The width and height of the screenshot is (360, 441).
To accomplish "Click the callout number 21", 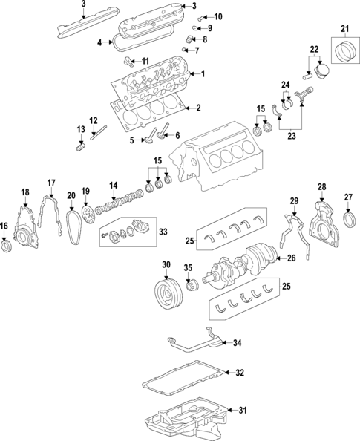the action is pyautogui.click(x=345, y=28).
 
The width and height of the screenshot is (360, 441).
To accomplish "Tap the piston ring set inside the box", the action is pyautogui.click(x=345, y=50).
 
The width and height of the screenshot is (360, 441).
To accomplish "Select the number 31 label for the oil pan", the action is pyautogui.click(x=243, y=410).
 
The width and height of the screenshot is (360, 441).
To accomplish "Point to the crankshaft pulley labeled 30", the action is pyautogui.click(x=169, y=294).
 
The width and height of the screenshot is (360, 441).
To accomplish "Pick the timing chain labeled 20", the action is pyautogui.click(x=73, y=226).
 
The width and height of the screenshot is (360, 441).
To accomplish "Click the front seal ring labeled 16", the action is pyautogui.click(x=6, y=246).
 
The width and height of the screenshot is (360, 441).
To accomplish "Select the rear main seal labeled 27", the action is pyautogui.click(x=350, y=220).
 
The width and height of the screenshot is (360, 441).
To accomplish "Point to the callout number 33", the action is pyautogui.click(x=163, y=232).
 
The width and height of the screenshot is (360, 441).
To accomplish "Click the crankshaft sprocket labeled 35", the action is pyautogui.click(x=193, y=287).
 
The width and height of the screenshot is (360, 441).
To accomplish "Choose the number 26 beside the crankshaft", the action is pyautogui.click(x=292, y=258).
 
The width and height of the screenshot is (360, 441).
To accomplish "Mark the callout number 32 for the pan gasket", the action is pyautogui.click(x=240, y=373).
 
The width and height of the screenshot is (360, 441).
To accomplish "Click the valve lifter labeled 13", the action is pyautogui.click(x=81, y=147).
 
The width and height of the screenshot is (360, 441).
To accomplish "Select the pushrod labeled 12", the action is pyautogui.click(x=99, y=132).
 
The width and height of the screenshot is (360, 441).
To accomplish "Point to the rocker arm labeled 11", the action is pyautogui.click(x=128, y=61).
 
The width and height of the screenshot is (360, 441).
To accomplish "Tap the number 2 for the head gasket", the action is pyautogui.click(x=199, y=108).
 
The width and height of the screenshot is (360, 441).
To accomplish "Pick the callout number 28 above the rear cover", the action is pyautogui.click(x=321, y=186).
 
